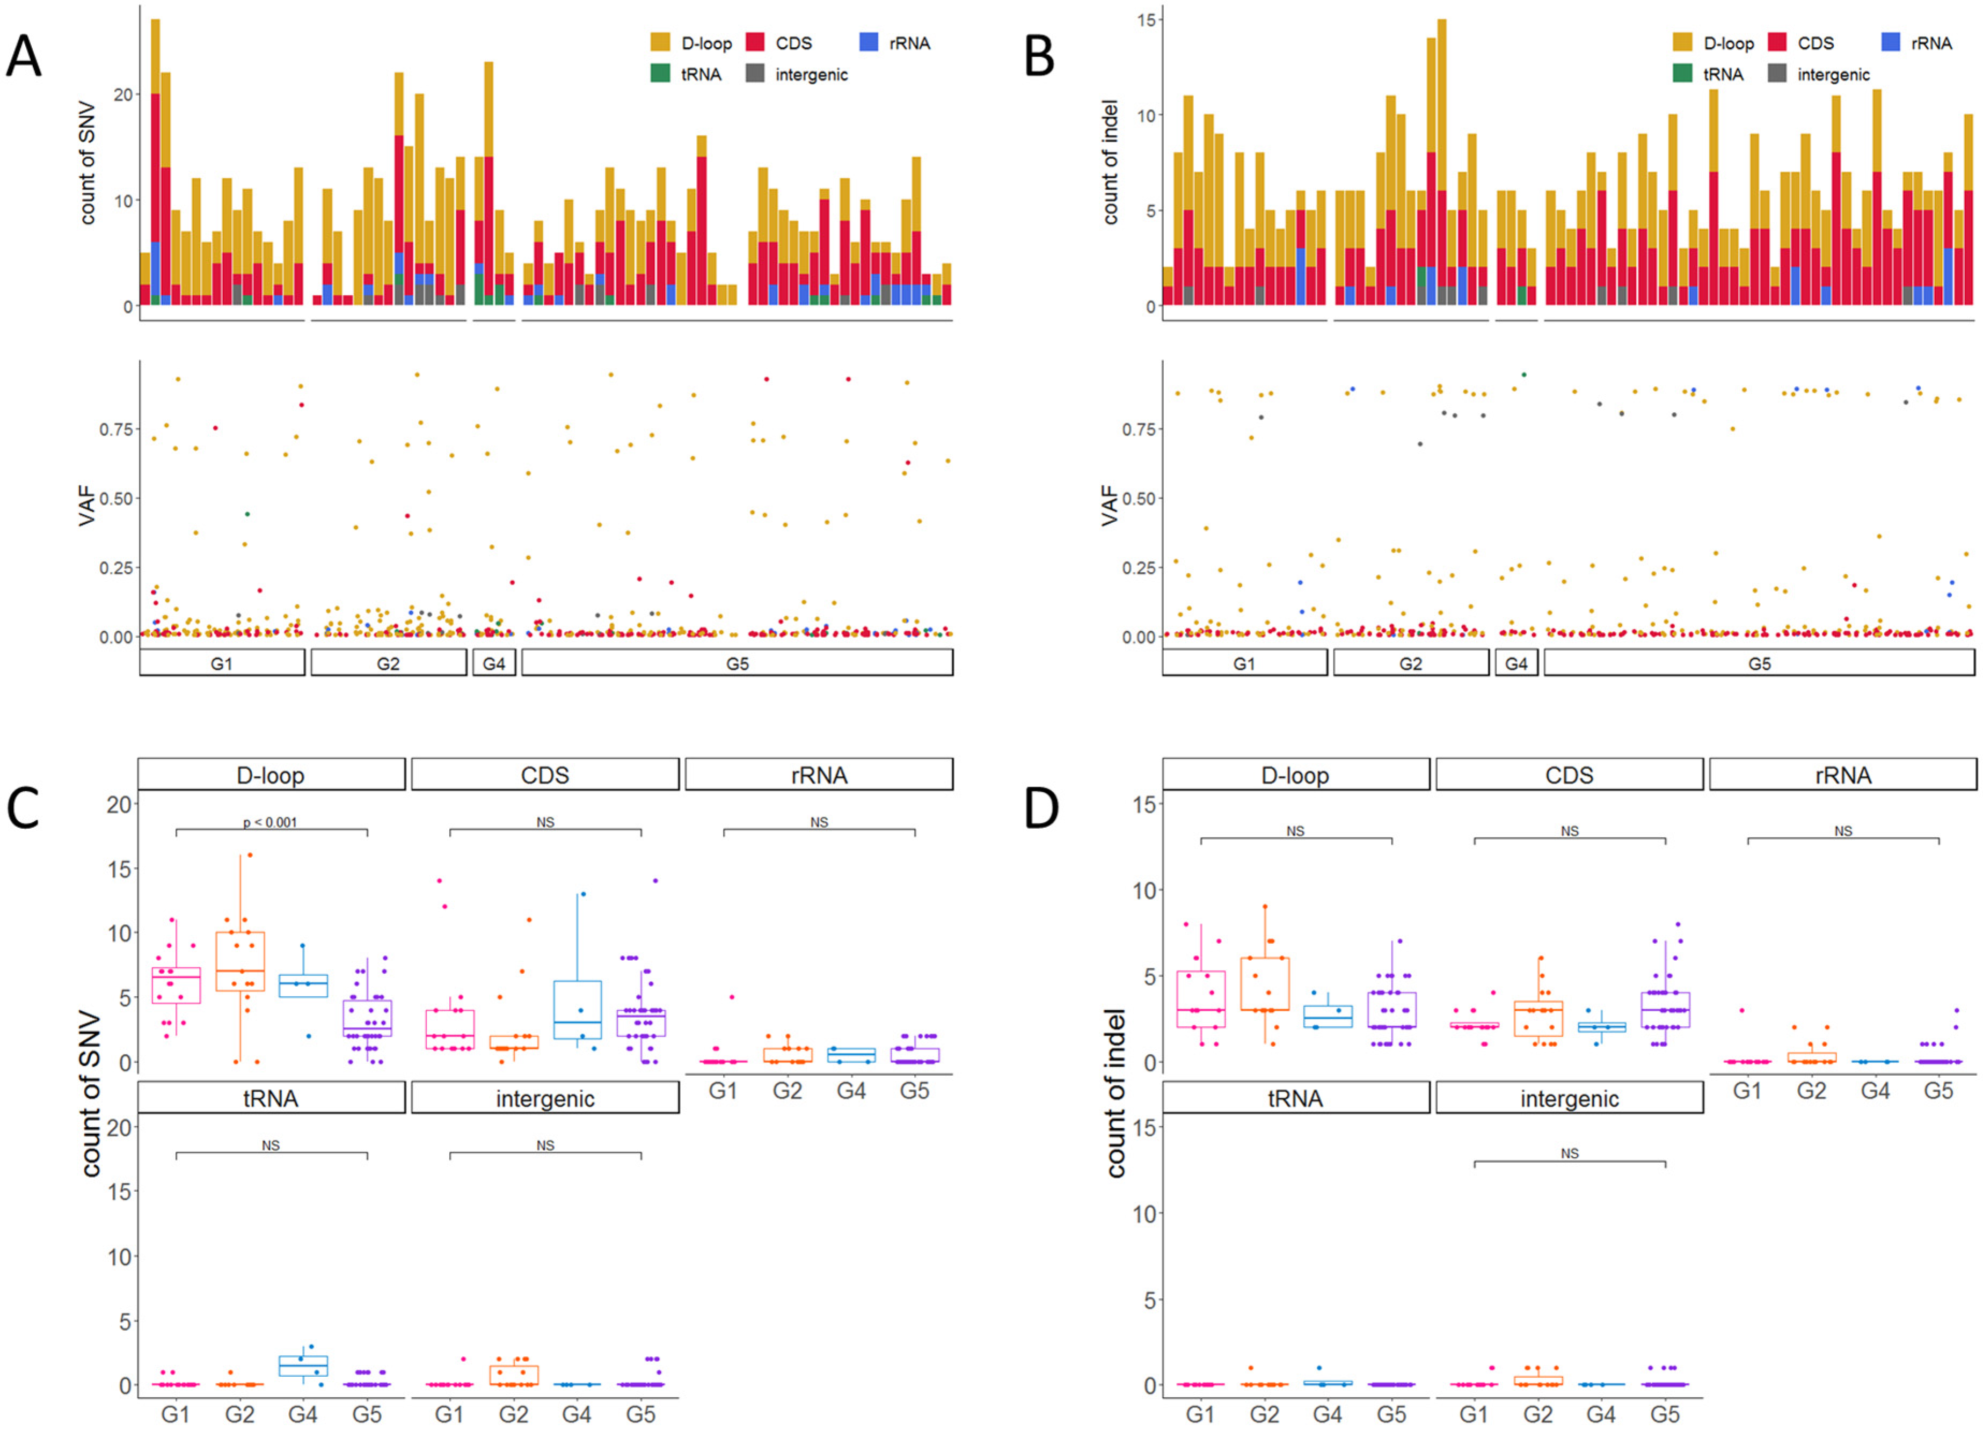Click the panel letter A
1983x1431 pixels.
[x=24, y=57]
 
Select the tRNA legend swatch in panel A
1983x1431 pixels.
[x=660, y=74]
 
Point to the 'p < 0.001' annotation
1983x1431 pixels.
[x=270, y=822]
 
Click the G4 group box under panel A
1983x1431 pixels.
[x=494, y=663]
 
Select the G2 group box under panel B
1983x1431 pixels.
[x=1410, y=663]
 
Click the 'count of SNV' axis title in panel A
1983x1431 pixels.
[x=88, y=164]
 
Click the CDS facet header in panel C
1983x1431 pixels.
[x=545, y=775]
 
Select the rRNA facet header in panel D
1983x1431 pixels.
[x=1842, y=775]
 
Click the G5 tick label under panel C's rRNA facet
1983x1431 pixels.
[x=915, y=1091]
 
